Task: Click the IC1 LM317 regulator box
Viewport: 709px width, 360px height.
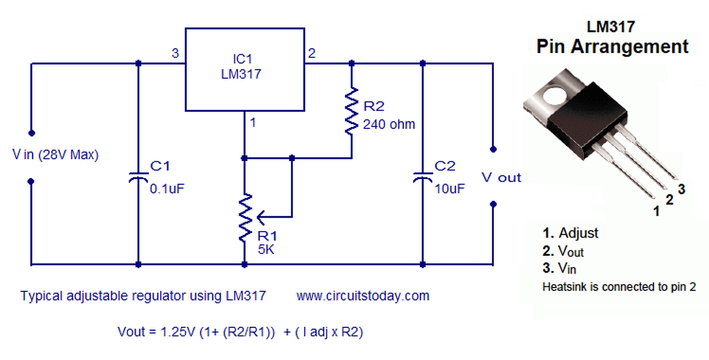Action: [244, 69]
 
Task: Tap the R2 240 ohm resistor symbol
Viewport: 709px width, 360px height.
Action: [351, 111]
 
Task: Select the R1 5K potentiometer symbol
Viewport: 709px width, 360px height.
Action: [244, 217]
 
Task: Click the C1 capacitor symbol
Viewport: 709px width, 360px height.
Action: [138, 177]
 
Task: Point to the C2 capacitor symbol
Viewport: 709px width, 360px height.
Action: [423, 177]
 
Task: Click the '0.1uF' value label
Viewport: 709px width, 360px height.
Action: [167, 188]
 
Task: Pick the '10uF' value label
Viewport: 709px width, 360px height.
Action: [450, 188]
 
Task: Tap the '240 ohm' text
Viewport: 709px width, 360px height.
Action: [389, 124]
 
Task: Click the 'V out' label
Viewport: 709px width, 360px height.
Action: [501, 177]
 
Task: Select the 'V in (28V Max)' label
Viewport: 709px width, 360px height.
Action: [55, 155]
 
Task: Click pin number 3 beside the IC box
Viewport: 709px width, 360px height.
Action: [175, 54]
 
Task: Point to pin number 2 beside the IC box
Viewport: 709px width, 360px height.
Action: [312, 54]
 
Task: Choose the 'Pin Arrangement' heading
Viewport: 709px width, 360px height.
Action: [612, 47]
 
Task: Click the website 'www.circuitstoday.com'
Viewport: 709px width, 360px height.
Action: [363, 296]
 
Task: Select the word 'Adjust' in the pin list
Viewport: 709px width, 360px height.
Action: [578, 233]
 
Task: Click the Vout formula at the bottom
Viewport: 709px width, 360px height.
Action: [240, 332]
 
